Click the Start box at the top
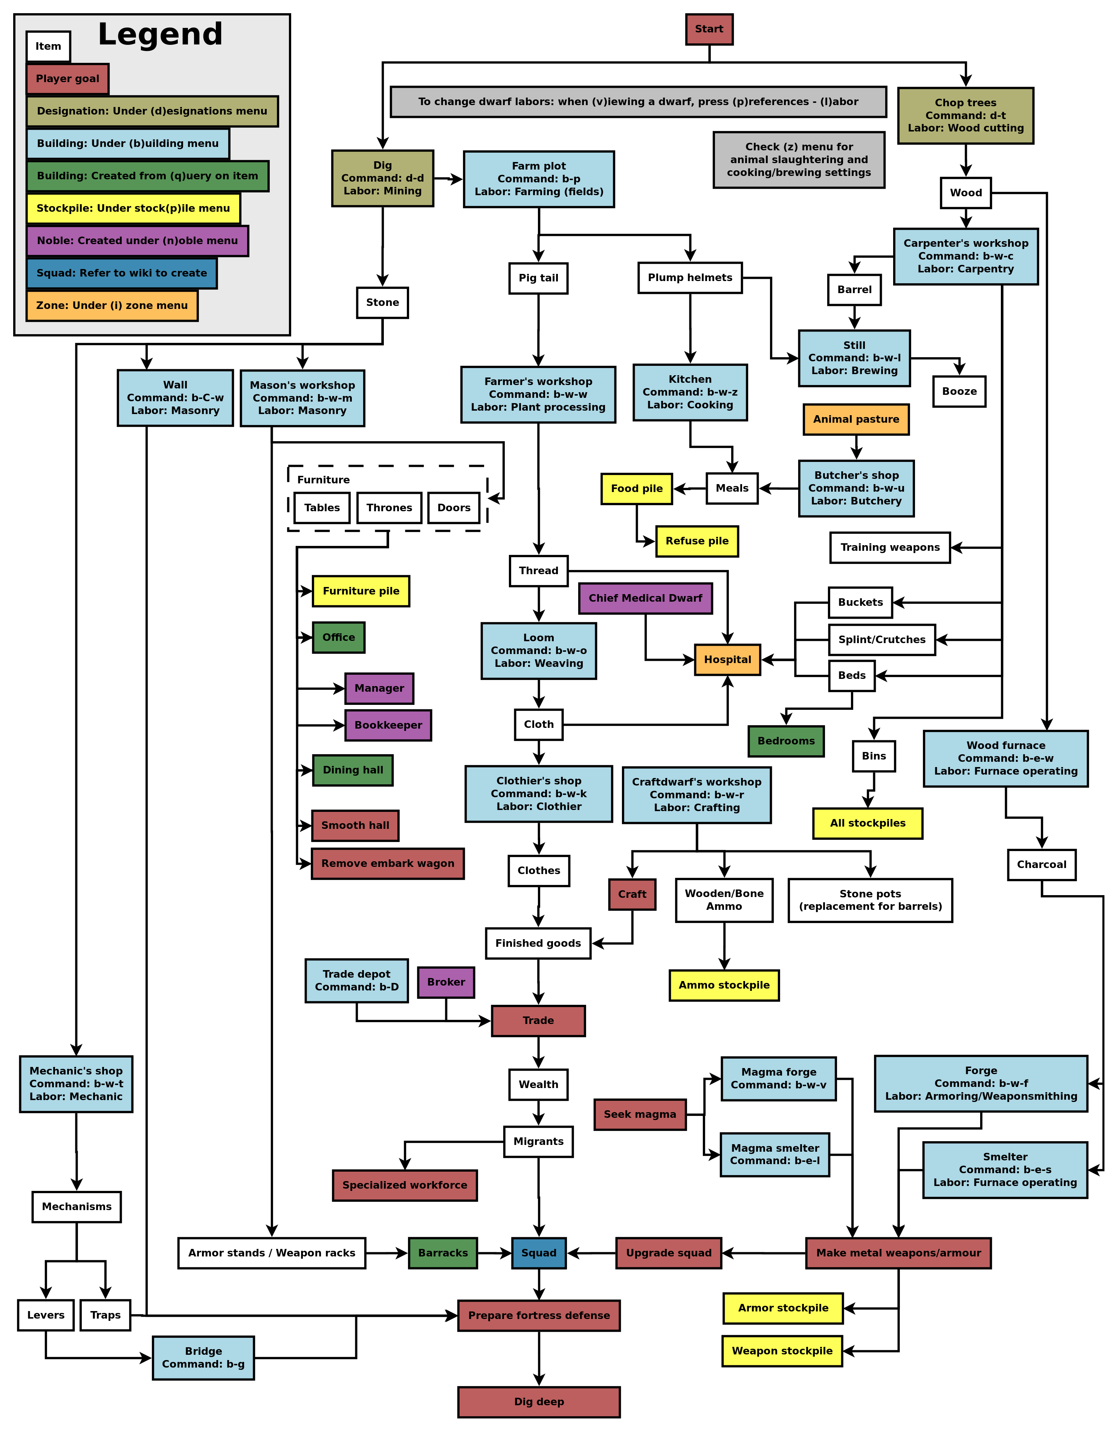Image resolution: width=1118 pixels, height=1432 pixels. click(709, 29)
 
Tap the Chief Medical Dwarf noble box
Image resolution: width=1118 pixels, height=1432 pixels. click(645, 598)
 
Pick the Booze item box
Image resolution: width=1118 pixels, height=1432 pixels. click(959, 391)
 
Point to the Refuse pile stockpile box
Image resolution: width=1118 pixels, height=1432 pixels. click(696, 541)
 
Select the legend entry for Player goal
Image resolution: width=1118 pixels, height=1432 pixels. click(67, 79)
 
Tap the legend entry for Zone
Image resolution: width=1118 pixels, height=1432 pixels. click(111, 306)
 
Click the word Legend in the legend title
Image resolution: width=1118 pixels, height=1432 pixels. click(160, 34)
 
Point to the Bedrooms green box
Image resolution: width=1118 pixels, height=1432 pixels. click(785, 741)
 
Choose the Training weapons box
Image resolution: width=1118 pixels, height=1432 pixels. click(890, 547)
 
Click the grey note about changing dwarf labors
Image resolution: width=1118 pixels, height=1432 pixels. click(638, 102)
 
